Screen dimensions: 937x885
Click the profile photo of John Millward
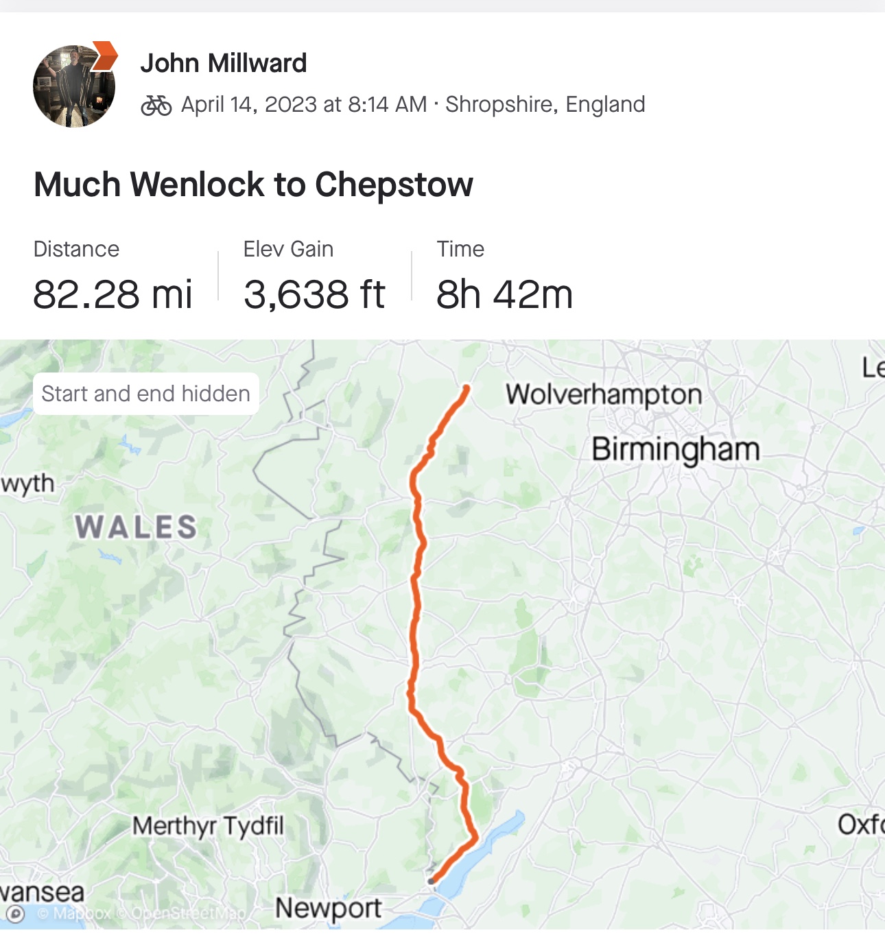73,87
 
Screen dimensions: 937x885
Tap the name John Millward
223,63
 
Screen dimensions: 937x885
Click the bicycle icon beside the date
156,105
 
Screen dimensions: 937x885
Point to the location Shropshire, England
545,104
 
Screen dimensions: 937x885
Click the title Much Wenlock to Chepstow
253,185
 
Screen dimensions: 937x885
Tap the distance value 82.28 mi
113,294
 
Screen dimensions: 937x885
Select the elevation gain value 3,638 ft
314,294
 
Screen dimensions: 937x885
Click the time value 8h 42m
504,294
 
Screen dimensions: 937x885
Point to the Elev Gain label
288,249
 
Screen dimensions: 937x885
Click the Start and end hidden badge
145,394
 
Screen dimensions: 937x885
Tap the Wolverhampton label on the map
604,394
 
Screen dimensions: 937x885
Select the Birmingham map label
675,449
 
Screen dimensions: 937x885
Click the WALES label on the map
136,527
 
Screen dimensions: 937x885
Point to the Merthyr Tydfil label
208,825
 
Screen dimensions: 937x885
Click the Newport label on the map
328,908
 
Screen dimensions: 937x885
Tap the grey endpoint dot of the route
431,881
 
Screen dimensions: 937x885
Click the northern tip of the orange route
467,389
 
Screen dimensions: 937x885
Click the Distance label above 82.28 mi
76,249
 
